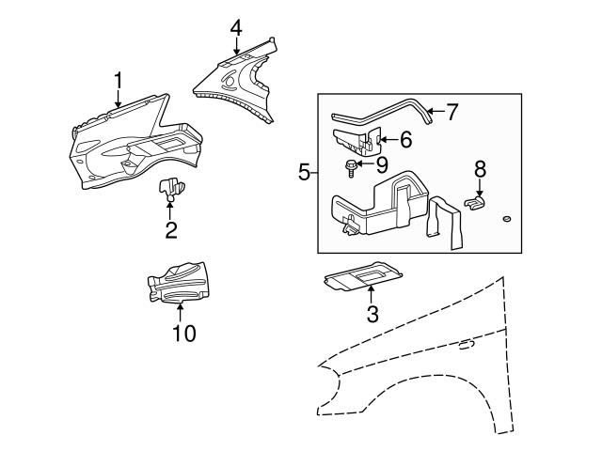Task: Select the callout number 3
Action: coord(372,315)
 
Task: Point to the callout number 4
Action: coord(235,28)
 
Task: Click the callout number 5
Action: coord(303,172)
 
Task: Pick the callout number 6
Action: coord(405,139)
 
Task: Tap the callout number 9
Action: coord(382,165)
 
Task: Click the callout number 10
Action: coord(184,334)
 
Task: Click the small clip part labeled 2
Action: coord(170,188)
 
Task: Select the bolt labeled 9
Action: coord(350,168)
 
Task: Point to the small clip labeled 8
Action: coord(478,200)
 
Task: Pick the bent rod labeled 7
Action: coord(386,113)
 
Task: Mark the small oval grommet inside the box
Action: coord(505,220)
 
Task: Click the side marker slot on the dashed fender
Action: coord(465,346)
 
